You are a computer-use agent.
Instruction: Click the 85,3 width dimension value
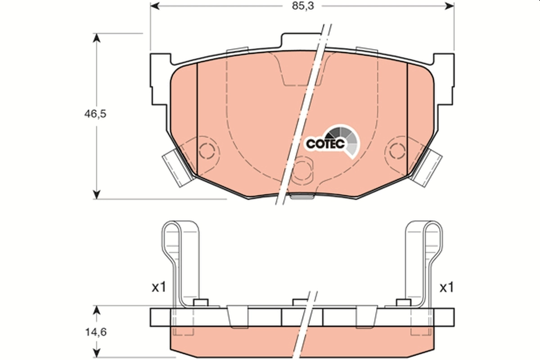pyautogui.click(x=301, y=6)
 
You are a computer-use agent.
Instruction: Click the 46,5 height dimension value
pyautogui.click(x=94, y=114)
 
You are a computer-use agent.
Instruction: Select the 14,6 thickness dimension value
pyautogui.click(x=94, y=333)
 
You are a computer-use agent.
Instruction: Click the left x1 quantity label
pyautogui.click(x=158, y=288)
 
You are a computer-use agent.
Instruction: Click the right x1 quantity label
pyautogui.click(x=446, y=288)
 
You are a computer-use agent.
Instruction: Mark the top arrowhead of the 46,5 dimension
pyautogui.click(x=96, y=37)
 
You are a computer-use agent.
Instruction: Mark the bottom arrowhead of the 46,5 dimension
pyautogui.click(x=96, y=194)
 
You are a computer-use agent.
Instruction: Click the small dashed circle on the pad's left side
pyautogui.click(x=207, y=151)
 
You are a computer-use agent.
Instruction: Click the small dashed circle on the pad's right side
pyautogui.click(x=398, y=151)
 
